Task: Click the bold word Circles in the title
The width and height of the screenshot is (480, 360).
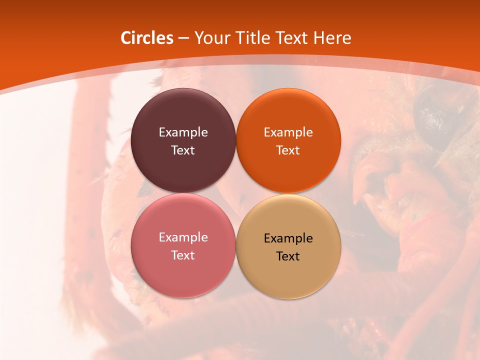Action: click(147, 38)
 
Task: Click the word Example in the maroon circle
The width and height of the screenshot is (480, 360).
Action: click(183, 132)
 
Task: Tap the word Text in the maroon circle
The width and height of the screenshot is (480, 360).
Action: click(183, 150)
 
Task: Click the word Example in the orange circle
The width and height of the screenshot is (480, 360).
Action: click(288, 132)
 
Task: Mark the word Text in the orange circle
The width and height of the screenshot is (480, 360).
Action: click(288, 150)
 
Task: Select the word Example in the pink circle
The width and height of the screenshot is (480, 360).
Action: click(183, 237)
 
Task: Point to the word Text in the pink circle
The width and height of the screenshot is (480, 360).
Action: click(183, 255)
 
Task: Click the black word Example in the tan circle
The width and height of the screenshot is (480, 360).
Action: click(288, 238)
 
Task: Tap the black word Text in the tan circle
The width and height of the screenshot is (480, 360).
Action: click(288, 256)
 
